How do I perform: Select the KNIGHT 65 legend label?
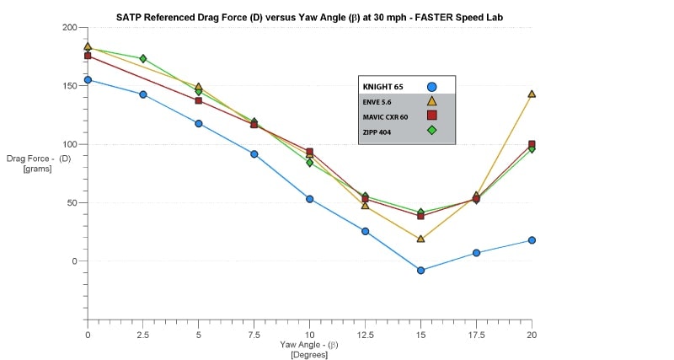(382, 86)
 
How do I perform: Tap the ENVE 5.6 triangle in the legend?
(431, 101)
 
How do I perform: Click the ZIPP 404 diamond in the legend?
(431, 130)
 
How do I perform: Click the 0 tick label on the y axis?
(74, 261)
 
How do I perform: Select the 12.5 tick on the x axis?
(366, 335)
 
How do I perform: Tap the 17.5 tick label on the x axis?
(476, 335)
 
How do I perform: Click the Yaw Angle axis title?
(309, 345)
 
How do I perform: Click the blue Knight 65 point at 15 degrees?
(420, 271)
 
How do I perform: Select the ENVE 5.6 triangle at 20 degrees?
(532, 94)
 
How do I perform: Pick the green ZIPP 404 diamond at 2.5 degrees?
(143, 59)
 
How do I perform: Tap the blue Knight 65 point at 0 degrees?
(88, 80)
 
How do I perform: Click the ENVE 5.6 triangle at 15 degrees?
(420, 239)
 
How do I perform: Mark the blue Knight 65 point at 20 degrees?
(532, 240)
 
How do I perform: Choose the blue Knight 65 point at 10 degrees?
(310, 199)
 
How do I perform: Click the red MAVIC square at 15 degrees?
(420, 216)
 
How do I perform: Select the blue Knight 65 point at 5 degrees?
(199, 124)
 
